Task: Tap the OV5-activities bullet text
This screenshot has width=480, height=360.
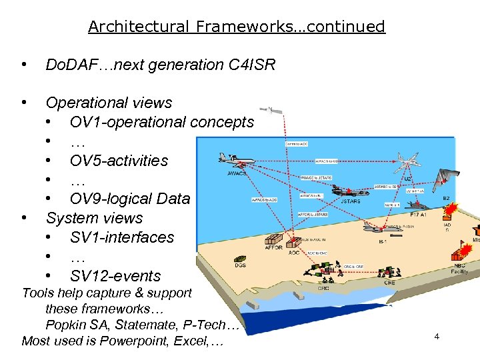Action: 119,161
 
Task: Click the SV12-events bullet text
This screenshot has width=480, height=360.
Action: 115,276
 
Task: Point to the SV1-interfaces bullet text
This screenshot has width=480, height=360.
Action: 121,237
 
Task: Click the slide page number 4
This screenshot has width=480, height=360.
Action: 437,336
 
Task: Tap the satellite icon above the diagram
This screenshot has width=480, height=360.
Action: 271,109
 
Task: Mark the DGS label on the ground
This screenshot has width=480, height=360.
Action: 240,266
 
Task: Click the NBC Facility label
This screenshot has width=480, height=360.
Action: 461,269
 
